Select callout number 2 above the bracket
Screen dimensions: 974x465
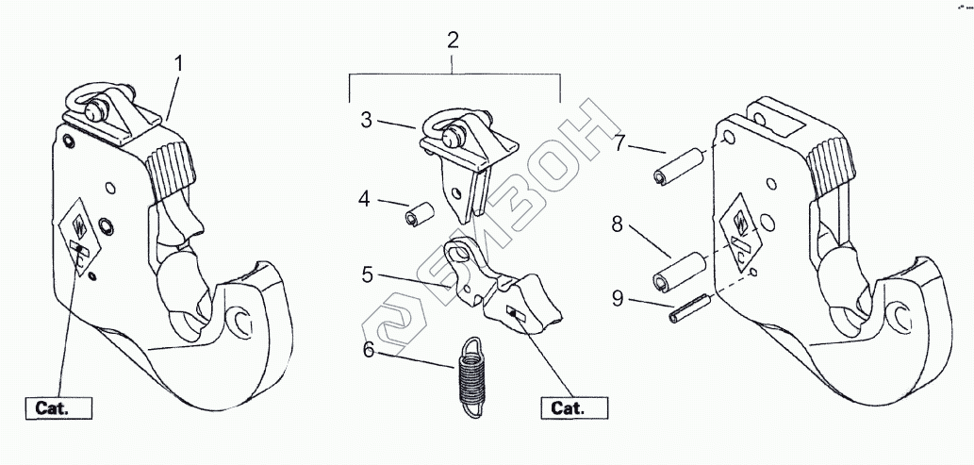[453, 41]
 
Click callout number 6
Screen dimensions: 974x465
[369, 350]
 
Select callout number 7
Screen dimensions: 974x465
[619, 144]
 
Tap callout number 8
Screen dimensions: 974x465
[617, 224]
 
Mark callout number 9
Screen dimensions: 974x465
[617, 299]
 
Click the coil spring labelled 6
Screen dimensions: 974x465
[469, 375]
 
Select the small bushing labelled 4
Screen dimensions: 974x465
[418, 214]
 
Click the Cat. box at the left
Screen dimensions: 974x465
[58, 408]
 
